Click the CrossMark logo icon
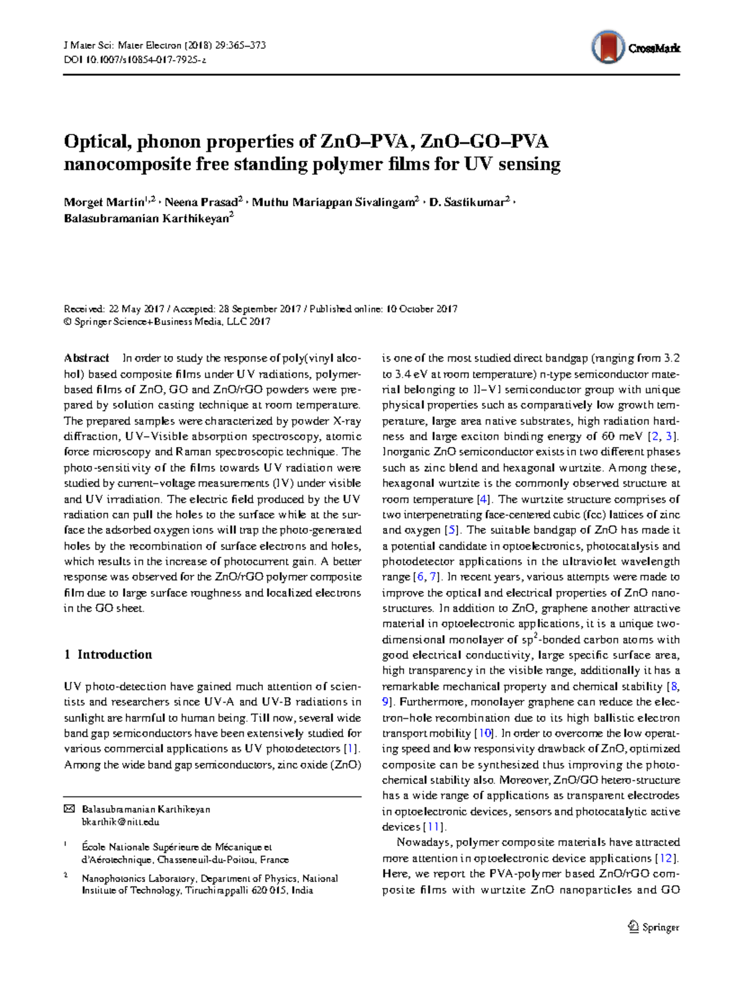(x=608, y=47)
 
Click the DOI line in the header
(x=135, y=60)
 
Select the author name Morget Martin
(x=104, y=203)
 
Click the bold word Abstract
(x=87, y=358)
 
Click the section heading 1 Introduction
(x=108, y=655)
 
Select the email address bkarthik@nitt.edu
(x=120, y=822)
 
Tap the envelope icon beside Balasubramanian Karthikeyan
(x=69, y=809)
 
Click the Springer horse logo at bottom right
(x=634, y=927)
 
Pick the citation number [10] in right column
(x=483, y=734)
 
